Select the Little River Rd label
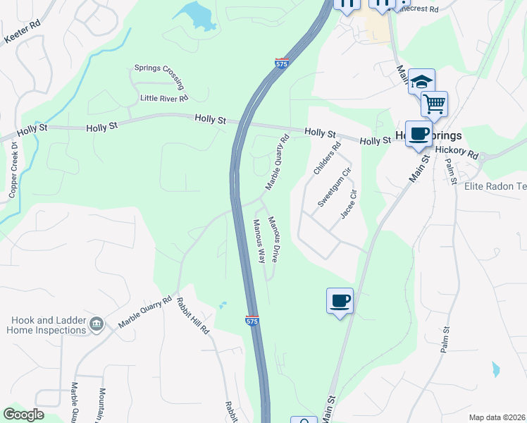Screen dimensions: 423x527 [164, 99]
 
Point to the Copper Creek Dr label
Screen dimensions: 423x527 [12, 172]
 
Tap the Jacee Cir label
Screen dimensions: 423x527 [349, 204]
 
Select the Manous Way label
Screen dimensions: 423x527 [259, 241]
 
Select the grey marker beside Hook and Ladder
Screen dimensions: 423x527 [97, 324]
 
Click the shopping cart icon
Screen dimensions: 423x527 [434, 104]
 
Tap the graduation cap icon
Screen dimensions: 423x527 [421, 81]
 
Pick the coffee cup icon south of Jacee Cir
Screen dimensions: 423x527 [340, 301]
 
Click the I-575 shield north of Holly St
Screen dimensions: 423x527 [281, 63]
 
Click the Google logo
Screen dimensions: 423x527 [23, 415]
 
